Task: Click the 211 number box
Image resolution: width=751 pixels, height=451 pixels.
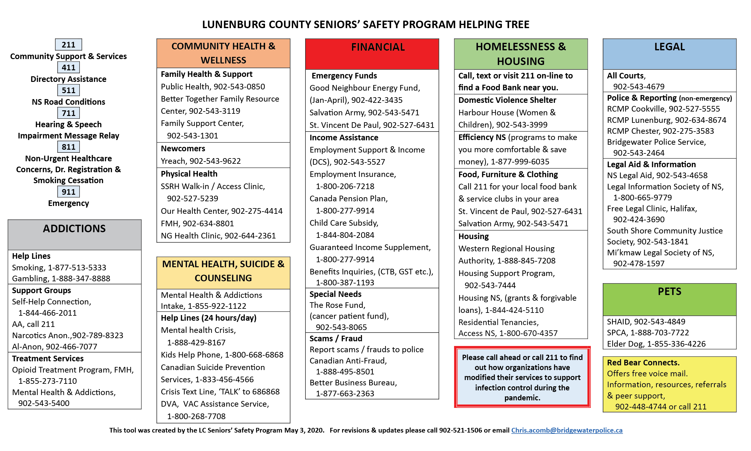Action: tap(68, 45)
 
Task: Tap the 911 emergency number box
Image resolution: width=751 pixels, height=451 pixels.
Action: tap(68, 192)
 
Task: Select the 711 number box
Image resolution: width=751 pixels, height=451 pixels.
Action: tap(68, 113)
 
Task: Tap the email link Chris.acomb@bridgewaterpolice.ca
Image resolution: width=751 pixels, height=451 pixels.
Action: tap(567, 430)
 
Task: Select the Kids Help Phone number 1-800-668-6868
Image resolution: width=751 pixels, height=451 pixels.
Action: tap(254, 355)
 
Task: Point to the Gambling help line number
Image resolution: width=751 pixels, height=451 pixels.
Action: tap(81, 278)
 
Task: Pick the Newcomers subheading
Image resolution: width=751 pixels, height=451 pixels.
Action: tap(183, 148)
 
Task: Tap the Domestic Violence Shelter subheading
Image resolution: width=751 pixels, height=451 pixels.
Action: tap(507, 100)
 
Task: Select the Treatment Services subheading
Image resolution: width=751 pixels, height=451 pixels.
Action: tap(48, 358)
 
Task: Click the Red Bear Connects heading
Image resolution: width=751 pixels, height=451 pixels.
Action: tap(643, 363)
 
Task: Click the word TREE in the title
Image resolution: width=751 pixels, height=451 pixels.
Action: tap(516, 24)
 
